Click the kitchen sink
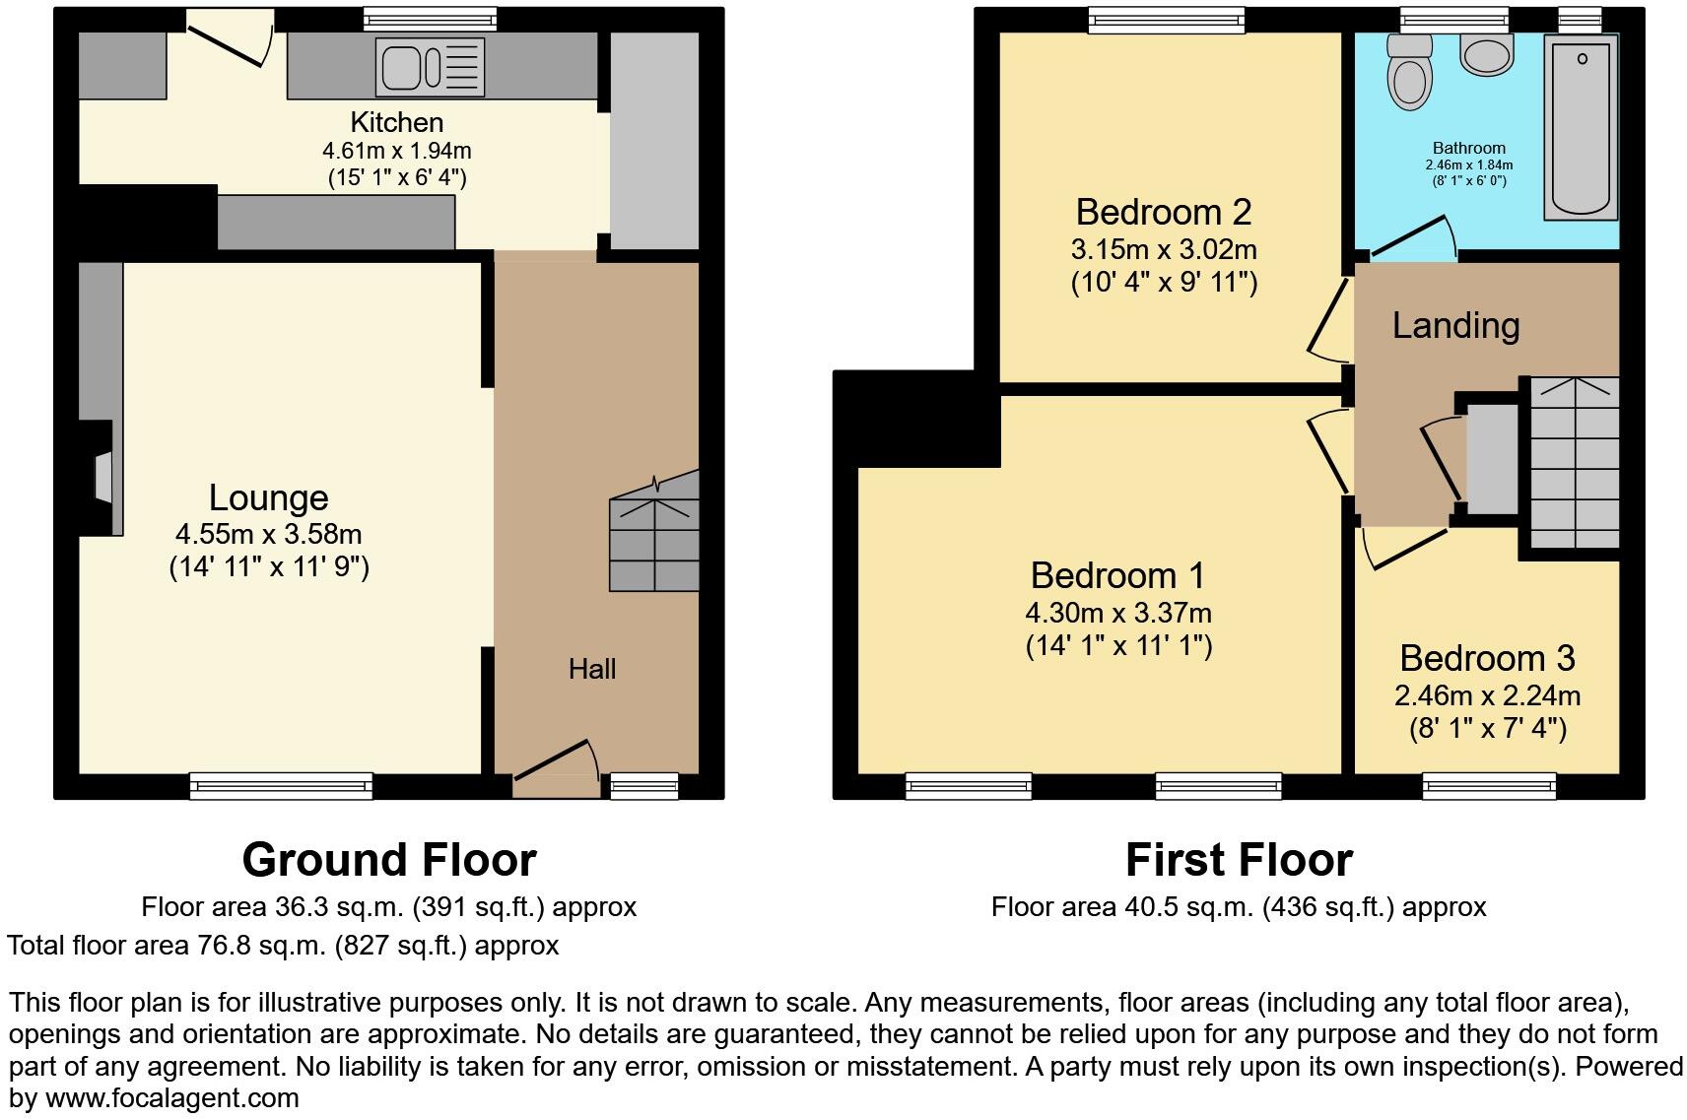point(430,67)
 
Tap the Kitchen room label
point(397,122)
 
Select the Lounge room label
point(268,497)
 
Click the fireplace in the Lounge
point(102,478)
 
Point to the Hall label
point(592,669)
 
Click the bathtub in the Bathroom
point(1581,125)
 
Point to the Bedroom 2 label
point(1164,212)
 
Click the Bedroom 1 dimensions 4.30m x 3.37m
point(1118,613)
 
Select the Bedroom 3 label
point(1487,657)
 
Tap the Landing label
point(1455,325)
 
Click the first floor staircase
point(1574,463)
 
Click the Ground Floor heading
point(389,859)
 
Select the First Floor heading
point(1239,859)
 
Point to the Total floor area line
point(283,946)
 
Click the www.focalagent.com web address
point(172,1097)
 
